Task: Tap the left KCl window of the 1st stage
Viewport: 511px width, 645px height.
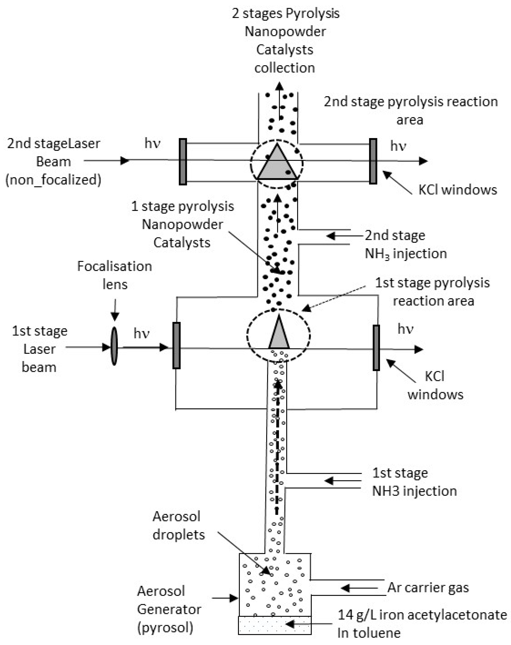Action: pos(176,345)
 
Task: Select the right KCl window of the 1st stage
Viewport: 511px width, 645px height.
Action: pos(376,348)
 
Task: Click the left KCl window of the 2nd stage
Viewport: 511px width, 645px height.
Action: pos(183,161)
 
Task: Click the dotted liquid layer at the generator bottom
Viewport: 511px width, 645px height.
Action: pos(275,625)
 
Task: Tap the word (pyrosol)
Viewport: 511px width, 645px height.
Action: pos(165,627)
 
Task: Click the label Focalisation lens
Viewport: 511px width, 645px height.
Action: pos(115,275)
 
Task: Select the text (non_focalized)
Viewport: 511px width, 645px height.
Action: pos(53,180)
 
